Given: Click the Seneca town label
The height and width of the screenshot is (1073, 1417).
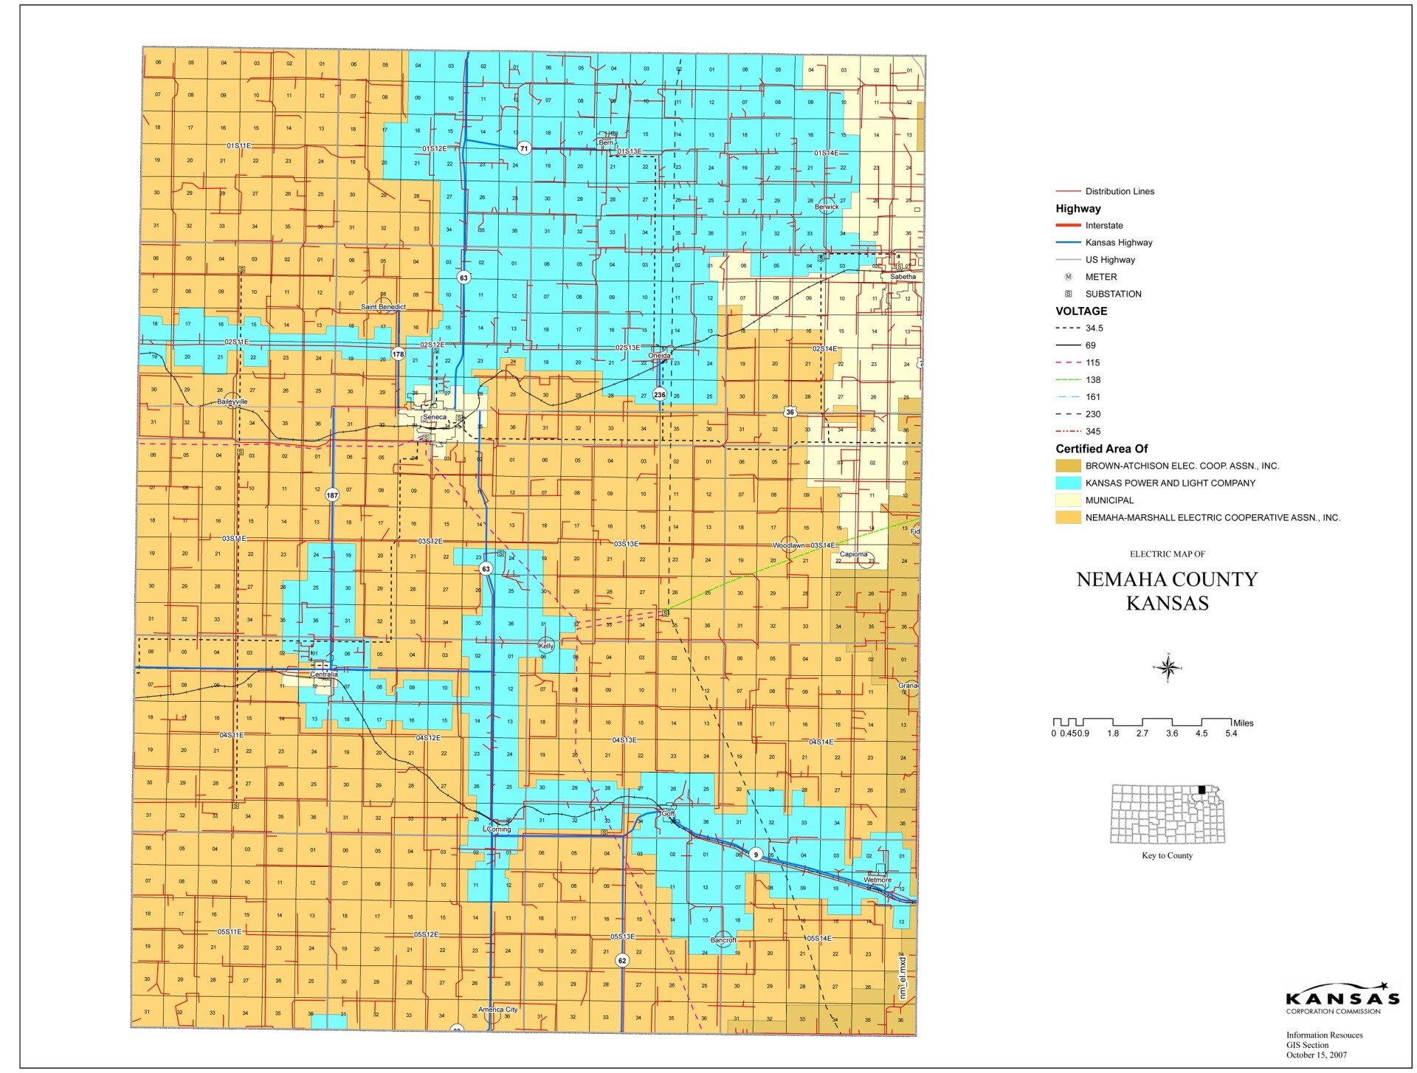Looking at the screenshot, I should (434, 417).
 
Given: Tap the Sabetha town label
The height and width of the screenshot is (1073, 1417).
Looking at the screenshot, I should (903, 277).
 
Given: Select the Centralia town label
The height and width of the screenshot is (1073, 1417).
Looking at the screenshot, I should (323, 674).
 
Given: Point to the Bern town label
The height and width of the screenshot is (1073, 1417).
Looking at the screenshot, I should (606, 142).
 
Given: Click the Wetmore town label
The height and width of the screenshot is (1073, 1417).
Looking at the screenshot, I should (877, 880).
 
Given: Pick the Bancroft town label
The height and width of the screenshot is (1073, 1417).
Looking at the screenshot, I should (723, 940).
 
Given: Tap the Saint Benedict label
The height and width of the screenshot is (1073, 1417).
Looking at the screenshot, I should (383, 307).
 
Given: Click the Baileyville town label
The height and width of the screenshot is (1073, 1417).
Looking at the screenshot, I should (232, 401).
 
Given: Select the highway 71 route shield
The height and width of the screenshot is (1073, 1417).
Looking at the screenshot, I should (524, 148).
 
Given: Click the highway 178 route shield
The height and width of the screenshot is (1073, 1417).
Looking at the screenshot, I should (399, 354).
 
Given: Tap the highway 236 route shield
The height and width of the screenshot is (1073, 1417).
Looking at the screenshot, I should (659, 395).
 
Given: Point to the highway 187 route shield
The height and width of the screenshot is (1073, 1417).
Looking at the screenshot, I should (332, 495).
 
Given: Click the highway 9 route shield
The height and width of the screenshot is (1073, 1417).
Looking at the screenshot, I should (756, 855).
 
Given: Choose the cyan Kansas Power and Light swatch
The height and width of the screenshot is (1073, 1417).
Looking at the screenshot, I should (1068, 483).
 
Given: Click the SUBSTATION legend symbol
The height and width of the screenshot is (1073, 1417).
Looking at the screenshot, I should (1068, 294).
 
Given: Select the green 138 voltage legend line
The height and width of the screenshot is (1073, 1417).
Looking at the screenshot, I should (1068, 380).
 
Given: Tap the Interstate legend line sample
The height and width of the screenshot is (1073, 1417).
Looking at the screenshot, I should (1068, 225).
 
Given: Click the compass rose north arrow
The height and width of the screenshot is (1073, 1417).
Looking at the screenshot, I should (1168, 668).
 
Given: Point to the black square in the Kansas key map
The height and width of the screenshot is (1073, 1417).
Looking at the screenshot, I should (1201, 790).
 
